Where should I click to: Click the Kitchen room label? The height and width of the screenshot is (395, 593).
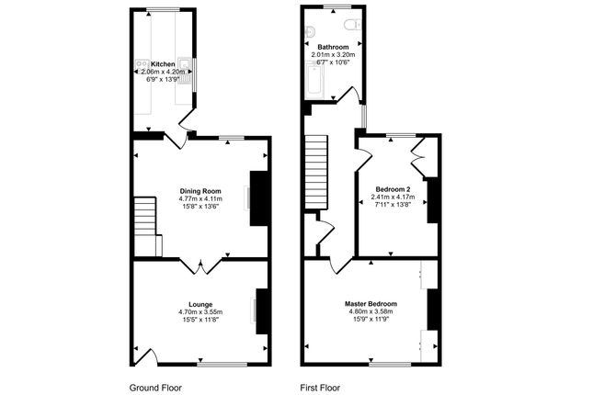(x=163, y=64)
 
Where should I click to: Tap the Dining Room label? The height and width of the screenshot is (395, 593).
(x=200, y=191)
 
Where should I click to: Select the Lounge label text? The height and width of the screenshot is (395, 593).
(x=200, y=304)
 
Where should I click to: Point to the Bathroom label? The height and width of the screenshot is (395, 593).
(x=333, y=47)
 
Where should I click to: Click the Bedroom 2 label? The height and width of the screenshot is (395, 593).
(x=393, y=189)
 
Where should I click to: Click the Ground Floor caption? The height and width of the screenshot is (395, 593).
(x=155, y=388)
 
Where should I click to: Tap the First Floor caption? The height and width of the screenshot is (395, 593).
(x=320, y=388)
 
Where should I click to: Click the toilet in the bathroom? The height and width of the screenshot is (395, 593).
(x=353, y=24)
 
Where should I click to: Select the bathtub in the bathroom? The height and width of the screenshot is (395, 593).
(x=314, y=82)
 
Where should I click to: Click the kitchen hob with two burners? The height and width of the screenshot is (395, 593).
(x=143, y=64)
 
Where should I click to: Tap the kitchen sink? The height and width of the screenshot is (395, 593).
(x=186, y=71)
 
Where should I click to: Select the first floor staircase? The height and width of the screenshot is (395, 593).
(x=315, y=172)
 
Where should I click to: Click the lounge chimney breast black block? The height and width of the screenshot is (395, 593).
(x=262, y=311)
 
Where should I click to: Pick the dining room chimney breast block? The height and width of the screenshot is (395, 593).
(x=259, y=198)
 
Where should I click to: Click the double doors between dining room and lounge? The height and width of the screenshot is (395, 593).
(x=200, y=265)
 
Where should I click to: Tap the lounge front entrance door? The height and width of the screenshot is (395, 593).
(x=144, y=357)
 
